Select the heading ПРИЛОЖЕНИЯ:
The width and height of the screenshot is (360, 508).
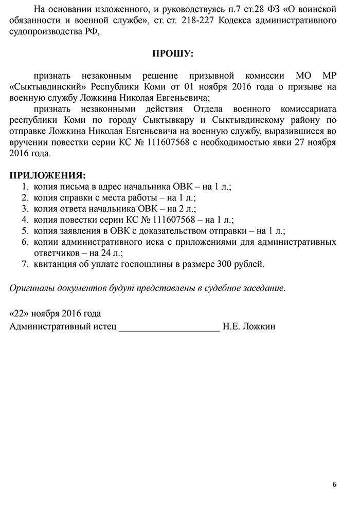click(48, 176)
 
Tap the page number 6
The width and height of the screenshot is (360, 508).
click(335, 484)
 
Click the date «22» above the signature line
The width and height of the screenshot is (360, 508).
click(20, 314)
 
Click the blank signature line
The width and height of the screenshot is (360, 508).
click(169, 327)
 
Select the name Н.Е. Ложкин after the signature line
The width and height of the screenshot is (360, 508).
click(249, 326)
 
